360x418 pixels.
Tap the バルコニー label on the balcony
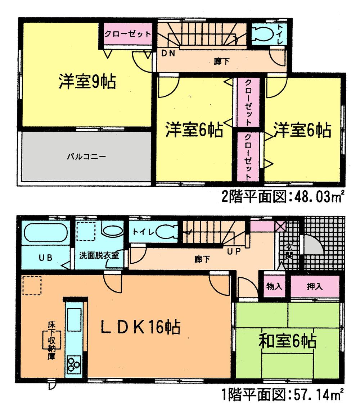coord(86,156)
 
